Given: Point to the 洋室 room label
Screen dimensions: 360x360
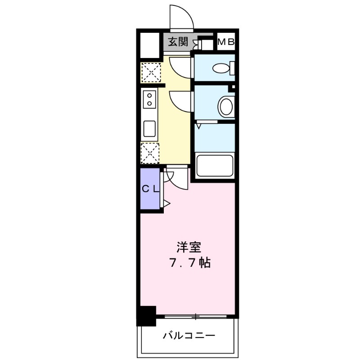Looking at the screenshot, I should pyautogui.click(x=189, y=247).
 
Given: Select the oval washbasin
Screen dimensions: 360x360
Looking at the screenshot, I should pyautogui.click(x=226, y=107).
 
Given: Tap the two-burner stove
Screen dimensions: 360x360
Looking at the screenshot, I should pyautogui.click(x=149, y=99).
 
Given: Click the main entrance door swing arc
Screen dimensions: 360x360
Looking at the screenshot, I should pyautogui.click(x=182, y=17).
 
